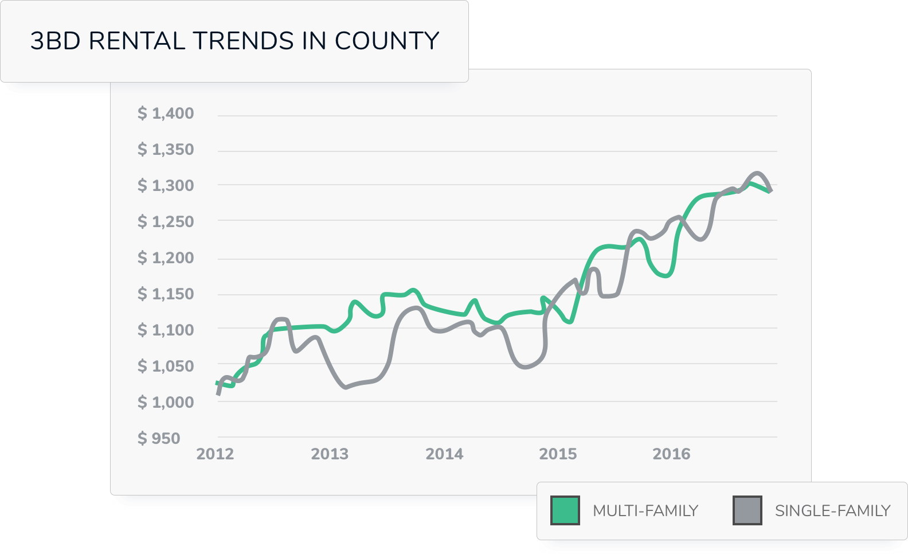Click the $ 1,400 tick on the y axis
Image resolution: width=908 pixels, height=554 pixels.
point(166,114)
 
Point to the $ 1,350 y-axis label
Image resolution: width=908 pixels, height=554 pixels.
point(166,150)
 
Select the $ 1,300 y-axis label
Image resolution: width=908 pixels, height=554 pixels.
point(166,186)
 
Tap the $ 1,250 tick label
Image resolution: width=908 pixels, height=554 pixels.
point(166,222)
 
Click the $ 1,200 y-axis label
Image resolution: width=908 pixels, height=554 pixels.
point(166,258)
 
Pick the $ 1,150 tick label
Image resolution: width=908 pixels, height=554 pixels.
point(166,294)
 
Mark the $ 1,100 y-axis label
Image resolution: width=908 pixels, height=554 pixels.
point(166,330)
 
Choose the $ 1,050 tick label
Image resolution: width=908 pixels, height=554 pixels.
point(166,366)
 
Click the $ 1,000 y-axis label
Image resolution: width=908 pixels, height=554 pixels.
point(166,403)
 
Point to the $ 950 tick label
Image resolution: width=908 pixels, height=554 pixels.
point(159,439)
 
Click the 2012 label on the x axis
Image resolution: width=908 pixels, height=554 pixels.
point(215,454)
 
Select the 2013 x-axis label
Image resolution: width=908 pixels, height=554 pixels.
point(330,454)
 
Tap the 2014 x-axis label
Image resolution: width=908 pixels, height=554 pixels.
point(444,454)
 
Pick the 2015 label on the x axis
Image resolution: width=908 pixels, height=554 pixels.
point(558,454)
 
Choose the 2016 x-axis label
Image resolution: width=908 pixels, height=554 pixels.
point(671,454)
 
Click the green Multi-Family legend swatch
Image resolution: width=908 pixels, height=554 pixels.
point(565,510)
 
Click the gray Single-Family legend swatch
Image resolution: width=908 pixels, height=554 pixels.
point(747,510)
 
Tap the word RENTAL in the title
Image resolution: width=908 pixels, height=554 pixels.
point(137,41)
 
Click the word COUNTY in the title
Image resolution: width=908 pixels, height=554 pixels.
point(387,41)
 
